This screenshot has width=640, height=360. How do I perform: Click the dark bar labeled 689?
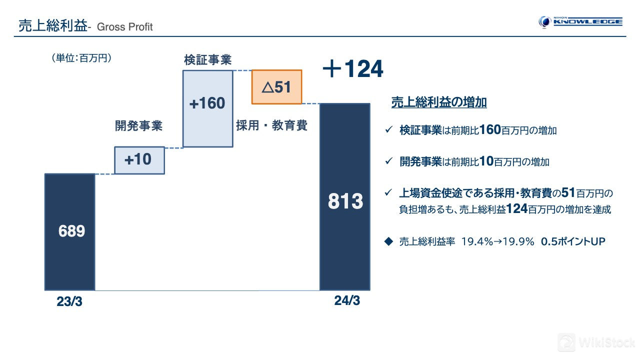tap(69, 231)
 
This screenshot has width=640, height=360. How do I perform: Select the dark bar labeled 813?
tap(345, 197)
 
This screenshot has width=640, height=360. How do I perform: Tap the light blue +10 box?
tap(139, 160)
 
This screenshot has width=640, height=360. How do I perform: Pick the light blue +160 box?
tap(207, 108)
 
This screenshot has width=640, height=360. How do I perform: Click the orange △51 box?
tap(276, 87)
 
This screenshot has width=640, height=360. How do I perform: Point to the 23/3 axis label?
tap(69, 301)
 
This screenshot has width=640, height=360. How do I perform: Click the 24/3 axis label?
tap(347, 300)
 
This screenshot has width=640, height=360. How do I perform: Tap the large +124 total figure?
tap(353, 68)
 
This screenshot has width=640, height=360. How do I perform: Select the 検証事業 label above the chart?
tap(207, 59)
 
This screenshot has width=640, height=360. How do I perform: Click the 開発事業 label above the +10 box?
tap(138, 125)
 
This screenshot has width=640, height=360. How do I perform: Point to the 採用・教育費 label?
tap(271, 125)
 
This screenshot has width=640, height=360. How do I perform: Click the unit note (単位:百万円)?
tap(81, 58)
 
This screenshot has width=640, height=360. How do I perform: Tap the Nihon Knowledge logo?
tap(580, 22)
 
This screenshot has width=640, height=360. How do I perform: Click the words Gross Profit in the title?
tap(125, 27)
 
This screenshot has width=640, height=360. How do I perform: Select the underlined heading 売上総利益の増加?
tap(439, 102)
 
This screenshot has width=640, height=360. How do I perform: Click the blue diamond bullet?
tap(388, 241)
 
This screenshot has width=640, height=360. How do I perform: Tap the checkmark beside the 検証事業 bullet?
tap(389, 129)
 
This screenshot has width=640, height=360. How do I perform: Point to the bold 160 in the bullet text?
tap(490, 129)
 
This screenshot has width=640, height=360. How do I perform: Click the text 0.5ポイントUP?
tap(573, 241)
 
